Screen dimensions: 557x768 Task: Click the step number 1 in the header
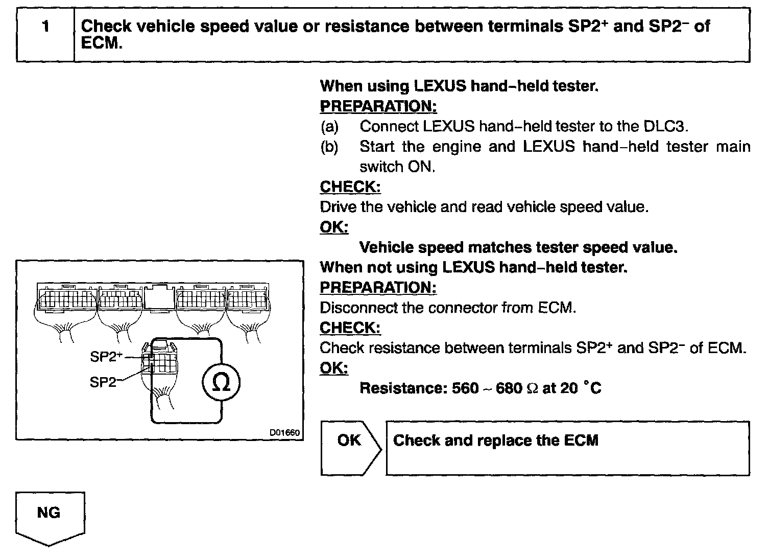(46, 27)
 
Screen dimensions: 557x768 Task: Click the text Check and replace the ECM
(495, 440)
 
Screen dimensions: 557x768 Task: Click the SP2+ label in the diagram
(106, 357)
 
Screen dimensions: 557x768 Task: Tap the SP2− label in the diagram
(103, 382)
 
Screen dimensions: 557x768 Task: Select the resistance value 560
(465, 388)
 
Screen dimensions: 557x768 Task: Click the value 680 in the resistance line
(509, 388)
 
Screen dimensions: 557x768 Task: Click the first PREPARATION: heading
(378, 106)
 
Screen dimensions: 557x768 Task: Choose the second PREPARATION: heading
(378, 288)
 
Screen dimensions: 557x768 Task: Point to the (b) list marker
(329, 147)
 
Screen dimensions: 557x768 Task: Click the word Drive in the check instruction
(338, 207)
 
